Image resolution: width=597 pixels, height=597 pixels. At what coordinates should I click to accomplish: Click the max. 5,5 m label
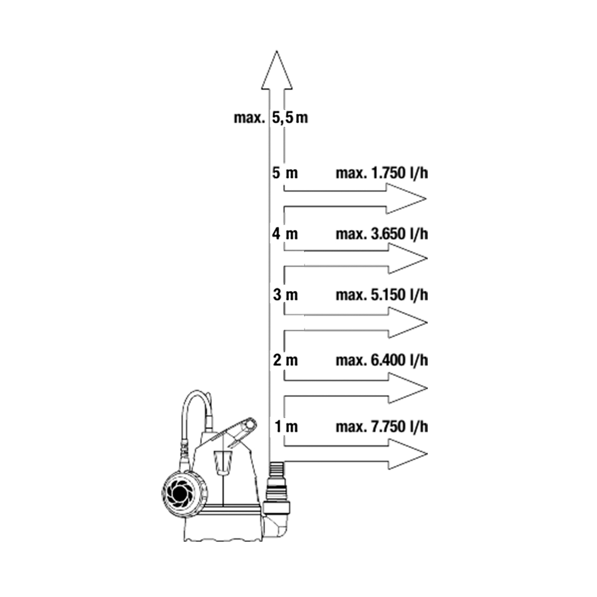[x=271, y=118]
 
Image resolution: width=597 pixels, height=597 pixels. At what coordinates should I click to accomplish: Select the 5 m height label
[x=285, y=173]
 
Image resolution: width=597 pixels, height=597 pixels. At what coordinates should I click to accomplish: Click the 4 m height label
[x=285, y=233]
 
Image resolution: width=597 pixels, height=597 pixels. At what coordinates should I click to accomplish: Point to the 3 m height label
[x=285, y=295]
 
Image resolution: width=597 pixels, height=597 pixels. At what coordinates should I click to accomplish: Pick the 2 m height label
[x=285, y=360]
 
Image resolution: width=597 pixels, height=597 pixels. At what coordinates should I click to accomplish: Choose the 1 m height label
[x=286, y=426]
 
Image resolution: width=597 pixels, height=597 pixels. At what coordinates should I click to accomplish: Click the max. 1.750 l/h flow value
[x=382, y=173]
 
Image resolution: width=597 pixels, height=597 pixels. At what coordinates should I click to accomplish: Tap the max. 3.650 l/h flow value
[x=382, y=233]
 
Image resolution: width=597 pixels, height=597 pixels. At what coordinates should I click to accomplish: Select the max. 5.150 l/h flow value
[x=382, y=295]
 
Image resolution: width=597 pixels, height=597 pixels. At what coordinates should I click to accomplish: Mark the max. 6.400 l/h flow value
[x=382, y=360]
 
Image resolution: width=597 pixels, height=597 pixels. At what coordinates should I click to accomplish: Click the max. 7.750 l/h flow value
[x=382, y=426]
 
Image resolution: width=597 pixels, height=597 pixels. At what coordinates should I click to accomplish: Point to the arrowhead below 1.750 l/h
[x=406, y=199]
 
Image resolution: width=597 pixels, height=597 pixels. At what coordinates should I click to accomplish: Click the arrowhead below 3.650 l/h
[x=406, y=258]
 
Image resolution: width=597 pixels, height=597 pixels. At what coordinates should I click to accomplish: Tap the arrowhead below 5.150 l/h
[x=406, y=323]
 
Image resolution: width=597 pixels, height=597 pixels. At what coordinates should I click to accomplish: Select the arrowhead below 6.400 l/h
[x=406, y=388]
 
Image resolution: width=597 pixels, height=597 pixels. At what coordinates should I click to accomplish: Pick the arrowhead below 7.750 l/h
[x=406, y=454]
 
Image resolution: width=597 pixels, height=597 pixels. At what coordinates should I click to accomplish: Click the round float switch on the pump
[x=182, y=494]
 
